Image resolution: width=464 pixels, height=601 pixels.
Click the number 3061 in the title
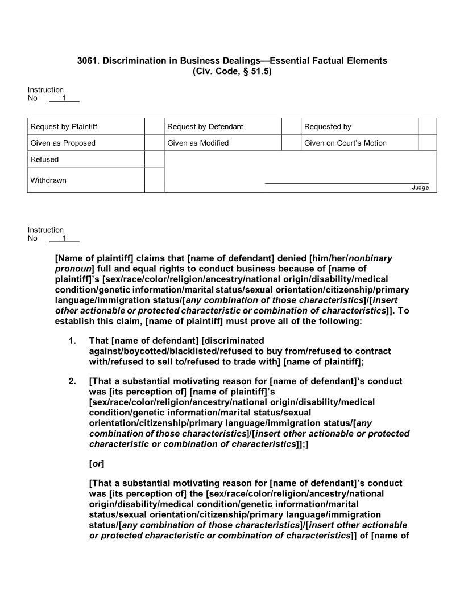[x=87, y=60]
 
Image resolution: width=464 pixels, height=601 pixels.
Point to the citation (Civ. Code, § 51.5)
[x=232, y=71]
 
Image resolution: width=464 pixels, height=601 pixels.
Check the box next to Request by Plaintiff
[x=154, y=126]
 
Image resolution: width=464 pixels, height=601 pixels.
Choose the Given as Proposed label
[x=63, y=143]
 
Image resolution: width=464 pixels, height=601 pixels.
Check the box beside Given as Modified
[x=291, y=143]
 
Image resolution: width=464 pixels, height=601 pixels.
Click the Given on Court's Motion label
[x=345, y=143]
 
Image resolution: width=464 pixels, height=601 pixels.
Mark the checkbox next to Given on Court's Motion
[x=428, y=143]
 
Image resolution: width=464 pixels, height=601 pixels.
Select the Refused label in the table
[x=44, y=159]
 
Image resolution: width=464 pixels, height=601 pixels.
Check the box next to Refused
[x=154, y=159]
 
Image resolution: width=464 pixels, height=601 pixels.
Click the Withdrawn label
[x=48, y=180]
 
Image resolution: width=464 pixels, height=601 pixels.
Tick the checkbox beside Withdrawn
[x=154, y=180]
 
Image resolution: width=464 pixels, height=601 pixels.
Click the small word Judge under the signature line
[x=420, y=188]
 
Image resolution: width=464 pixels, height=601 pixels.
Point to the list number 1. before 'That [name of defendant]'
[x=72, y=341]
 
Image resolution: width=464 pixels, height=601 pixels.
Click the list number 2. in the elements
[x=72, y=381]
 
